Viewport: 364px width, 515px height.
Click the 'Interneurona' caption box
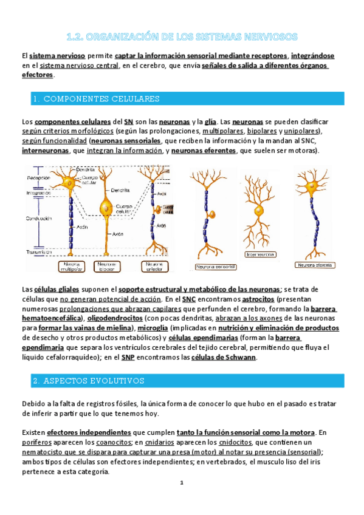click(x=260, y=255)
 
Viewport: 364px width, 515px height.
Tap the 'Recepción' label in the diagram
click(x=38, y=178)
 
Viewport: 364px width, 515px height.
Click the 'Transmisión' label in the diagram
click(x=39, y=252)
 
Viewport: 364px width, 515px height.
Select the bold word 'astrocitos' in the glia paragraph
click(x=258, y=299)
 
